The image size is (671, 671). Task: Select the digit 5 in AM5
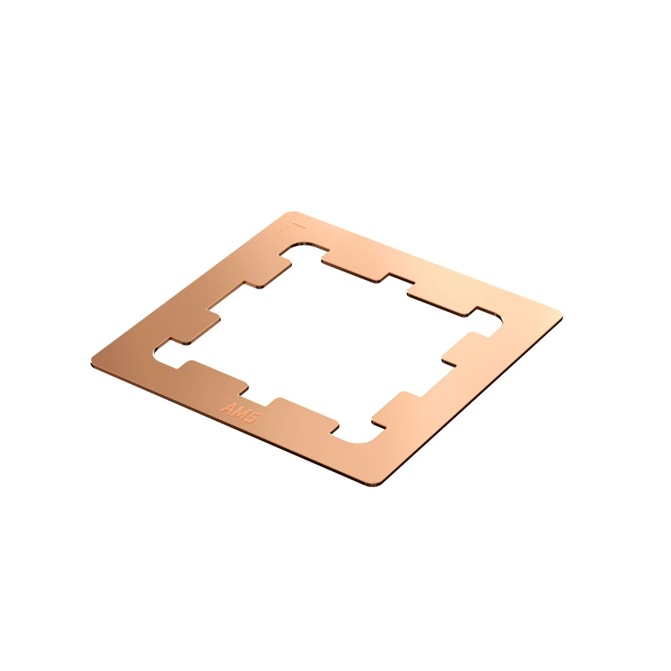pyautogui.click(x=250, y=417)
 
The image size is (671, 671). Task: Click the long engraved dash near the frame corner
pyautogui.click(x=300, y=226)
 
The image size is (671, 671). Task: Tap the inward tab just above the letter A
pyautogui.click(x=215, y=372)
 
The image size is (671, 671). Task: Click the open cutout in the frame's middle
pyautogui.click(x=330, y=341)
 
